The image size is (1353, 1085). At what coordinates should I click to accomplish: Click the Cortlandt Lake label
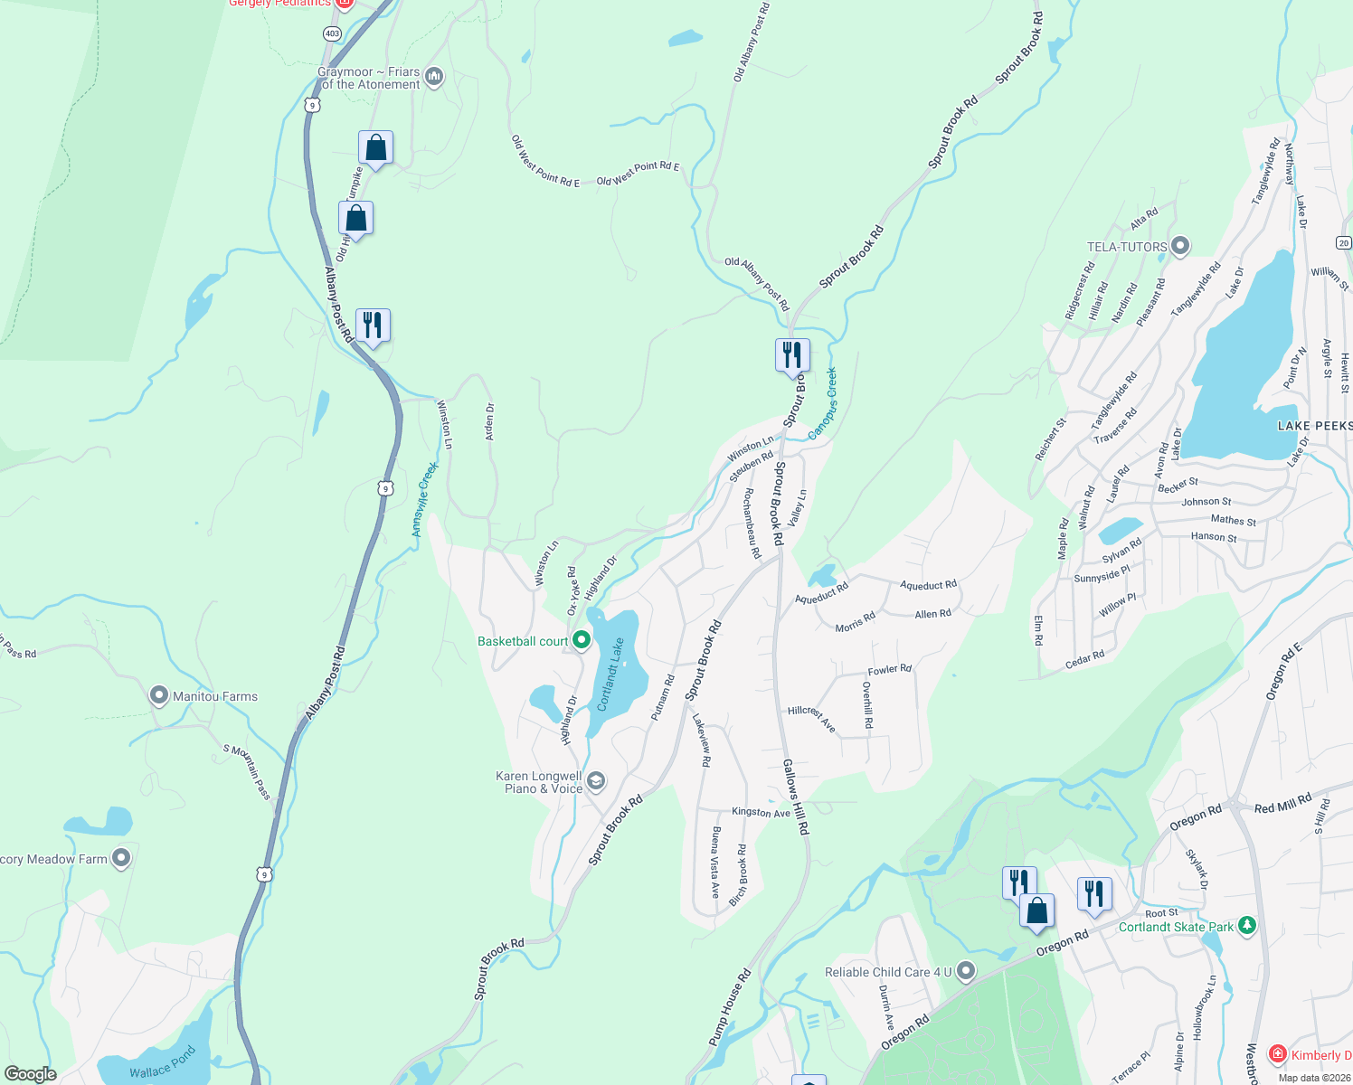point(612,674)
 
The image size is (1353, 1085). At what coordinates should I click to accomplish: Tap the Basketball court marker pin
point(582,641)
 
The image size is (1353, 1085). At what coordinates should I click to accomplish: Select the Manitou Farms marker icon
point(159,695)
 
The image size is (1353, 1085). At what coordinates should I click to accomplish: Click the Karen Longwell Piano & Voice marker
point(596,781)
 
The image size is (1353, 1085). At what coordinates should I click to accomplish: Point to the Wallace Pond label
point(162,1064)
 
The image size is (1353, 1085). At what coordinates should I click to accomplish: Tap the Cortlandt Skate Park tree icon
point(1247,925)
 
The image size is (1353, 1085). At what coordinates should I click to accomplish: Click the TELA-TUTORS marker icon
point(1179,246)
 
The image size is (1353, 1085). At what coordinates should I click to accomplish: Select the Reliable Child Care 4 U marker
point(966,972)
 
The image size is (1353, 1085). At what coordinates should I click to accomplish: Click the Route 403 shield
point(332,33)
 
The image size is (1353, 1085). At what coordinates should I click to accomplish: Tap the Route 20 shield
point(1343,242)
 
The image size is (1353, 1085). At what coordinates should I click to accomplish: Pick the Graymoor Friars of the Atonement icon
point(434,77)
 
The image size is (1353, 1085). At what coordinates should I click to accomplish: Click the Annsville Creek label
point(424,499)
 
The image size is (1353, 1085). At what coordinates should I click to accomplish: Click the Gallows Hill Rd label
point(796,797)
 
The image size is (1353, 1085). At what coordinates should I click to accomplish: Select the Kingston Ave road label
point(761,812)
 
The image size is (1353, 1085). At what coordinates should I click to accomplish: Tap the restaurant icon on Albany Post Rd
point(373,325)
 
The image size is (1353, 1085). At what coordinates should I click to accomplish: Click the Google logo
point(31,1073)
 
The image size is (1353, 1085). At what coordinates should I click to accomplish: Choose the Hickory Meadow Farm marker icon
point(121,858)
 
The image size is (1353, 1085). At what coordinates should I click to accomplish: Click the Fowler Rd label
point(889,670)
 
